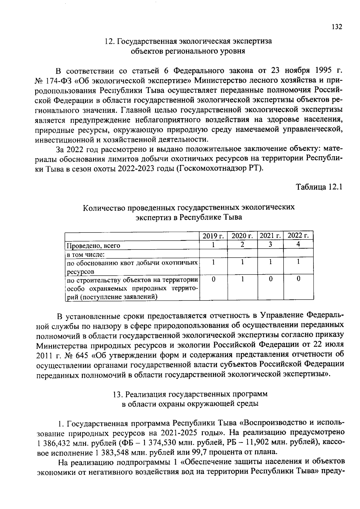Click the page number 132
point(337,27)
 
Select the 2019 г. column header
point(213,236)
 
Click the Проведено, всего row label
point(93,246)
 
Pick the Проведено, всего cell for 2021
point(270,244)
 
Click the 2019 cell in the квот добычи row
point(213,262)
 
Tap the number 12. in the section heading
point(109,41)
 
